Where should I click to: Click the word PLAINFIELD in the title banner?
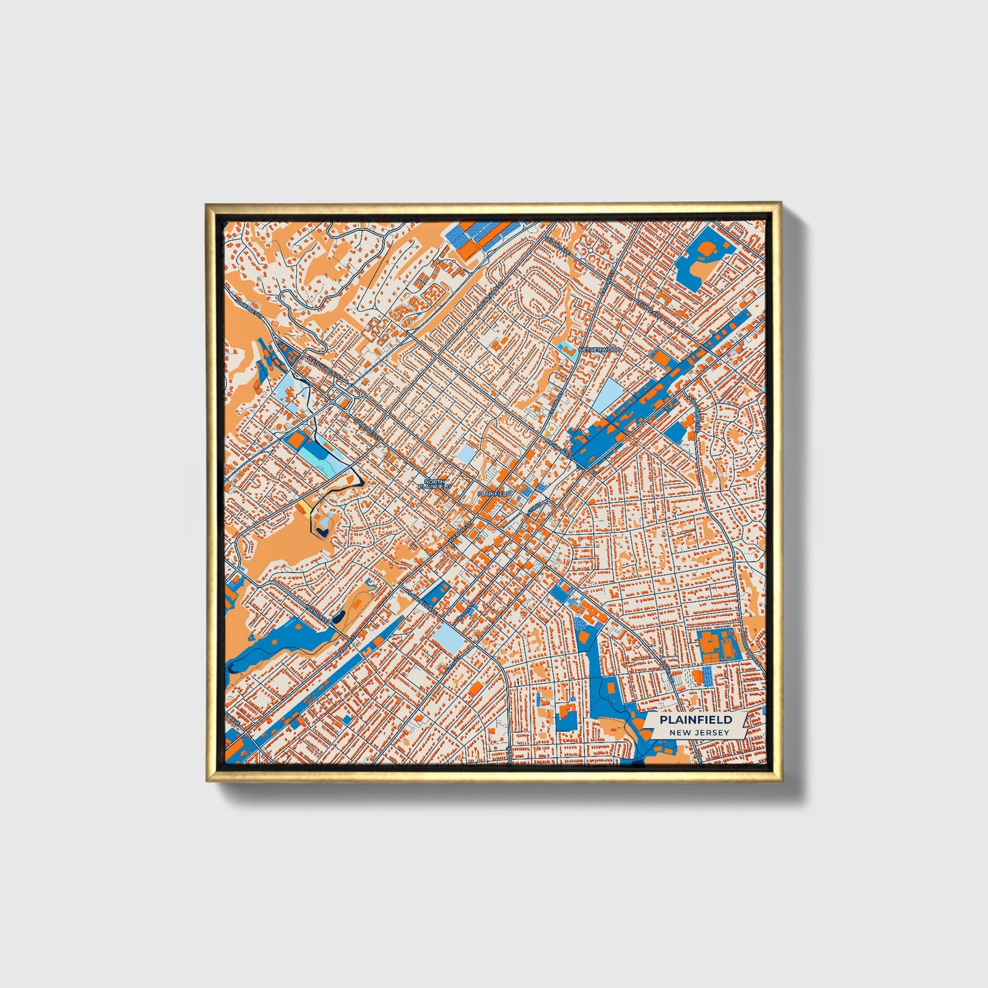pyautogui.click(x=695, y=719)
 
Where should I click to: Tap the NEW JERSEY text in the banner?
pyautogui.click(x=699, y=732)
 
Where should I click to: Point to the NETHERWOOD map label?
pyautogui.click(x=600, y=349)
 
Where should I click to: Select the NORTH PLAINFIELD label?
pyautogui.click(x=435, y=483)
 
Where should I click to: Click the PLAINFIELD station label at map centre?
pyautogui.click(x=494, y=493)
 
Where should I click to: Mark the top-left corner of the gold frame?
pyautogui.click(x=206, y=203)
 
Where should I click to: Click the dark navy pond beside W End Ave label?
pyautogui.click(x=338, y=618)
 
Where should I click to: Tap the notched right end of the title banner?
pyautogui.click(x=745, y=725)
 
